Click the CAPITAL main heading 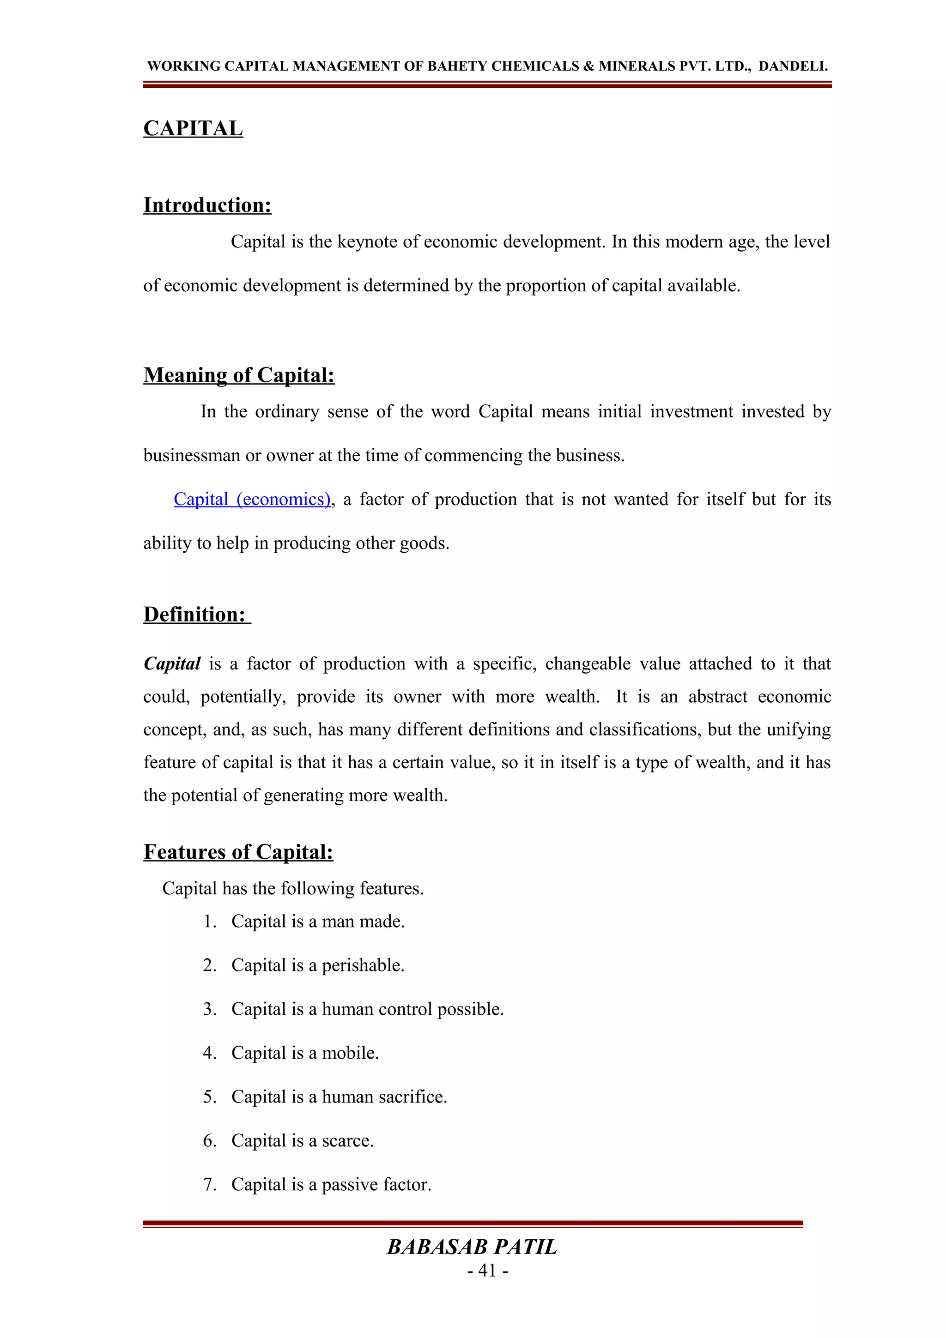tap(193, 128)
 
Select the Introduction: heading tap(207, 205)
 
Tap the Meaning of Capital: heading tap(239, 375)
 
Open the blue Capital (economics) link tap(252, 500)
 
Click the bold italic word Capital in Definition tap(172, 664)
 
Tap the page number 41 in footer tap(487, 1271)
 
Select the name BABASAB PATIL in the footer tap(472, 1247)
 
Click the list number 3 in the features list tap(209, 1009)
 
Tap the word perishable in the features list tap(363, 965)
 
